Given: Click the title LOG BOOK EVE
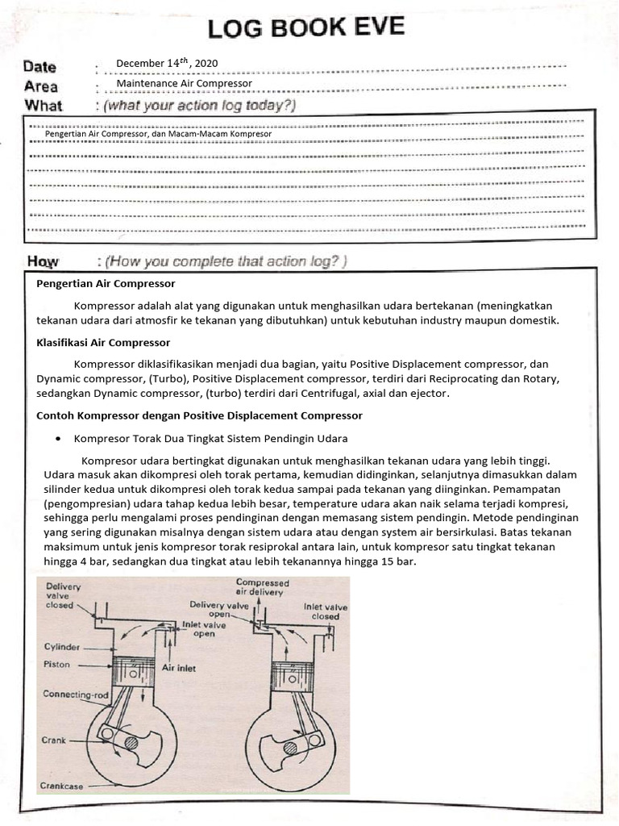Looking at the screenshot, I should (306, 29).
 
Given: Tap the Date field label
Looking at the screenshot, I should (39, 68).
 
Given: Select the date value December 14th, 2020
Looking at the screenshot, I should (166, 64).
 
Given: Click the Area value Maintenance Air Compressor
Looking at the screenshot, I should (184, 83).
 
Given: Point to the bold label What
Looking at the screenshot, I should (44, 105).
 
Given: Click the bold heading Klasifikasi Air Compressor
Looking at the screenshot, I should (103, 342).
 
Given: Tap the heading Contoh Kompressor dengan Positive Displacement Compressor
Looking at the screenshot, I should (200, 415).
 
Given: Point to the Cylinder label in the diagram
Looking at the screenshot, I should (62, 647).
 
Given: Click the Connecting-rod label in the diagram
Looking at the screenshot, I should (75, 693).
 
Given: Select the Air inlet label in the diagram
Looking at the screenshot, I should (180, 668).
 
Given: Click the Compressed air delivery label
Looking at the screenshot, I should (262, 586).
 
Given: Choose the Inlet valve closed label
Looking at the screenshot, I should (326, 611).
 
